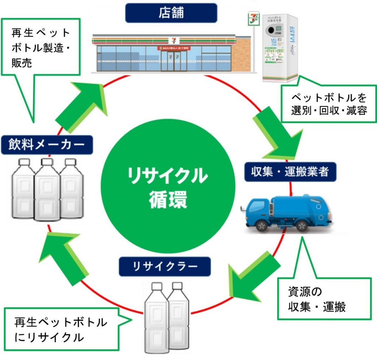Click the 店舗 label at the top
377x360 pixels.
tap(171, 13)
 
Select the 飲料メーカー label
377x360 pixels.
tap(47, 145)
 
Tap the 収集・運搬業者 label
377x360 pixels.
tap(290, 172)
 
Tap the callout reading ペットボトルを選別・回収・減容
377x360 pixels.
tap(329, 104)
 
